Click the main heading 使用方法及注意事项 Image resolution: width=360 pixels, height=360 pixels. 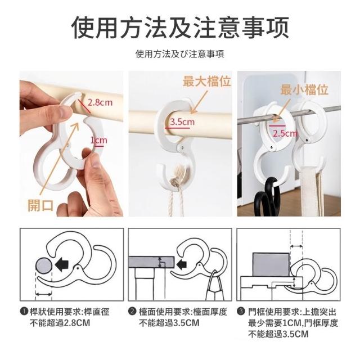(180, 28)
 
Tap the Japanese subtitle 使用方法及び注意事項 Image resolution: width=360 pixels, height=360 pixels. (180, 54)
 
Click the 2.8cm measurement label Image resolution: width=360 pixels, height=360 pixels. (100, 102)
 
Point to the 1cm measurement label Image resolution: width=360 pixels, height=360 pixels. (99, 140)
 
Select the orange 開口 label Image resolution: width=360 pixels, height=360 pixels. (40, 205)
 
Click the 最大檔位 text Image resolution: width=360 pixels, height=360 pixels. (206, 81)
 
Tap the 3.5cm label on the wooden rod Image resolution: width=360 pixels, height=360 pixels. (182, 121)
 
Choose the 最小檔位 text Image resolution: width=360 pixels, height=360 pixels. (304, 89)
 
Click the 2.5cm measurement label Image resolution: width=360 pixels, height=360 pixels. (285, 133)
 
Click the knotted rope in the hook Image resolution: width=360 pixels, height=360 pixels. (177, 178)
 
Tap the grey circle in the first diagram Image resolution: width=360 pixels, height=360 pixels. (44, 265)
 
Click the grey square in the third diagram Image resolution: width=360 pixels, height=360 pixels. (271, 264)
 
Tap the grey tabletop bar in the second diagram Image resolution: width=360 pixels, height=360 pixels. (151, 262)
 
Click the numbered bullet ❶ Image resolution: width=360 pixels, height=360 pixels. (24, 311)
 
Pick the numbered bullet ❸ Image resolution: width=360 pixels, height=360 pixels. (241, 311)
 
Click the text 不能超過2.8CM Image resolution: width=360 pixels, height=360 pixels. (60, 323)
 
